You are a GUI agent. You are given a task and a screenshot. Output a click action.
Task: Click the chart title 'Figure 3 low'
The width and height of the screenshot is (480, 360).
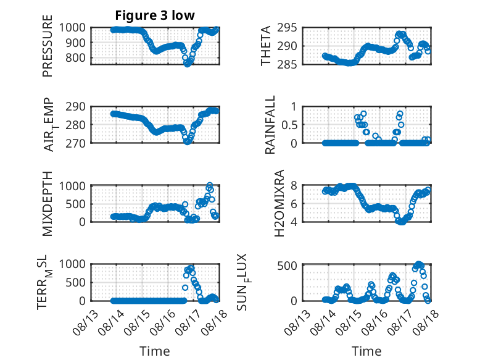155,15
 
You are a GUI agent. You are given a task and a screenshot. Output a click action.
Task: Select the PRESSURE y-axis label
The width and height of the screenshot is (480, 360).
48,46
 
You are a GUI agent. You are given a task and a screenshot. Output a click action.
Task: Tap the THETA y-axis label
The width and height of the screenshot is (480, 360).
266,46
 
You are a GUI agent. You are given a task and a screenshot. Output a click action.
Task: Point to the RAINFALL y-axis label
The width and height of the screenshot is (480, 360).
270,125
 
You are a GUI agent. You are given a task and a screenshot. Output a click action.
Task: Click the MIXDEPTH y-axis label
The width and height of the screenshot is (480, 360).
48,204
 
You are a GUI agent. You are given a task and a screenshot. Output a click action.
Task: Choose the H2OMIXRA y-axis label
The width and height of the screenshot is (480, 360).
279,203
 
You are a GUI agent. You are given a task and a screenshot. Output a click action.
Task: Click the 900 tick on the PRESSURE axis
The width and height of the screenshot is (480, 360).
75,43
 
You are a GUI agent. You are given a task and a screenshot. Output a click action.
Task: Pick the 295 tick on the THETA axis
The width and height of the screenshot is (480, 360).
287,28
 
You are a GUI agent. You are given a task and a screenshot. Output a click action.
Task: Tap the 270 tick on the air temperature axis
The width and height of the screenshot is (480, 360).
75,143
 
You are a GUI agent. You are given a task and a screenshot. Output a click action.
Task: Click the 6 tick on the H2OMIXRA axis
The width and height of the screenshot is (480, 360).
294,204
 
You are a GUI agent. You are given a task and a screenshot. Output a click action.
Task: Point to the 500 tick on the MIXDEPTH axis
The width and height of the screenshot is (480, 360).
75,204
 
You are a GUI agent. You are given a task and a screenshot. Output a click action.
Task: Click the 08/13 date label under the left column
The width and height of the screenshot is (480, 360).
85,322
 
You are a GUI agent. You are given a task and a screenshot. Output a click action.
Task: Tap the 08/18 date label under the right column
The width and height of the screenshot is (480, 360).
426,322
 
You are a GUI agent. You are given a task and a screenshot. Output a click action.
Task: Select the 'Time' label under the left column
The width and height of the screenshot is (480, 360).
155,351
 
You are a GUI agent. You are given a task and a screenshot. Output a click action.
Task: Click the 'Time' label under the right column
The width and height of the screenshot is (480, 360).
366,351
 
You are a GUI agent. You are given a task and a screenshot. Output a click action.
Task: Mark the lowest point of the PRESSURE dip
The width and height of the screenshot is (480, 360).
187,64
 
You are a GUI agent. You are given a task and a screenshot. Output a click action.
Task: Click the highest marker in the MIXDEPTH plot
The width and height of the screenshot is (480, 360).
210,185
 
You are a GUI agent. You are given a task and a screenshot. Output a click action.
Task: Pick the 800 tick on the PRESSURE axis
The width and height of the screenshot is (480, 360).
75,57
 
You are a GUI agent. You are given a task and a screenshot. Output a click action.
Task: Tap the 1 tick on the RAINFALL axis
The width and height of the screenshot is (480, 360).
294,107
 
